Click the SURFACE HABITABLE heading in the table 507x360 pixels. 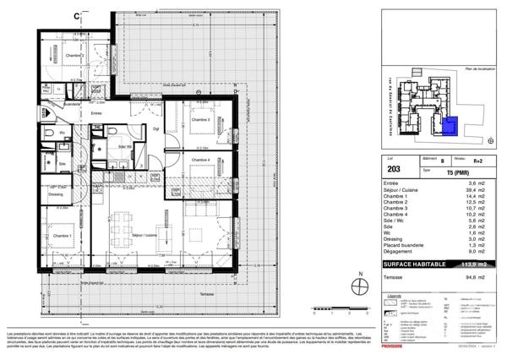click(x=401, y=263)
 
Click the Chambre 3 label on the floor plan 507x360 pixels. click(x=201, y=120)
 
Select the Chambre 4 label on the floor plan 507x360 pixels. click(x=201, y=160)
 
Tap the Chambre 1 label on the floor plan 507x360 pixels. click(x=61, y=236)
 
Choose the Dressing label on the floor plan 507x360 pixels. click(x=56, y=194)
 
